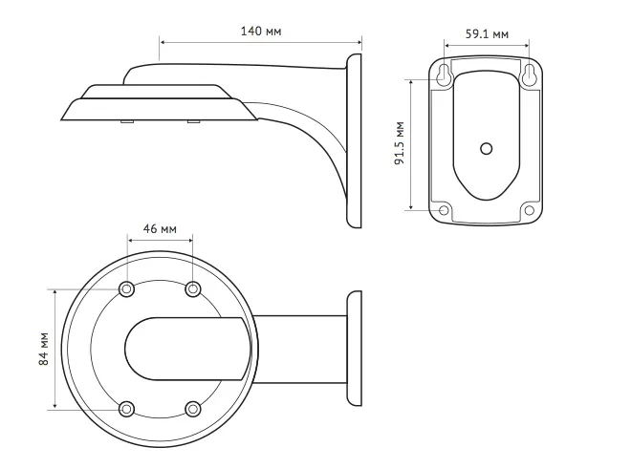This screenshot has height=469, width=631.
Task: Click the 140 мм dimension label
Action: click(x=261, y=31)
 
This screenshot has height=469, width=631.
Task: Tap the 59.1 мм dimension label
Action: click(x=487, y=33)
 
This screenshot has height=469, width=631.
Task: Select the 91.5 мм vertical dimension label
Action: click(x=400, y=143)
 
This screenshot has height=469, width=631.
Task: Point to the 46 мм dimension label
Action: click(x=160, y=229)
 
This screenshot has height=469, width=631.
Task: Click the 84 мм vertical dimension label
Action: click(x=43, y=349)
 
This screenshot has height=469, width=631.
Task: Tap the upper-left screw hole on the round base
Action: click(x=127, y=288)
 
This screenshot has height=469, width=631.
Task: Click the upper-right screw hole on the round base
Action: click(x=193, y=288)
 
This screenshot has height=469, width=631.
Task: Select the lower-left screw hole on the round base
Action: click(x=127, y=409)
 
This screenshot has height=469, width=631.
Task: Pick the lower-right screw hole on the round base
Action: click(x=193, y=409)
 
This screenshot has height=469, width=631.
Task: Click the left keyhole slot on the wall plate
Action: click(x=444, y=75)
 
